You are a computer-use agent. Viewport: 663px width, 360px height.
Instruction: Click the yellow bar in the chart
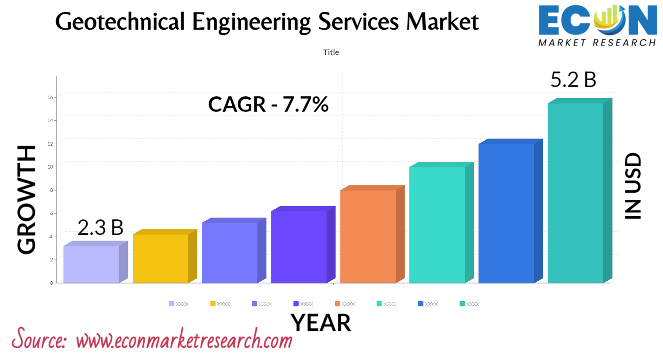pos(160,258)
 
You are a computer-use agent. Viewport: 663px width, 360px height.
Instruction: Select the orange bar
pos(368,236)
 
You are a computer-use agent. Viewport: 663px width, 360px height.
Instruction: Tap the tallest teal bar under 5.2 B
pos(575,193)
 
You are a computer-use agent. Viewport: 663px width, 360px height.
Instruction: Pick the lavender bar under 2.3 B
pos(91,264)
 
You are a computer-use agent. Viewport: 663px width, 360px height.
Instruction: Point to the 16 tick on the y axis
pos(50,97)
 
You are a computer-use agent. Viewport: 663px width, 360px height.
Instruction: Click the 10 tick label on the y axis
pos(50,167)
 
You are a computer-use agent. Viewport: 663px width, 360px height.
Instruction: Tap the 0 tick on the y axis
pos(51,283)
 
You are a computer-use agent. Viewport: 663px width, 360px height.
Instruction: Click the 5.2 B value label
pos(573,80)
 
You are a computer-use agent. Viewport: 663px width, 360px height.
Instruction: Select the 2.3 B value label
pos(100,228)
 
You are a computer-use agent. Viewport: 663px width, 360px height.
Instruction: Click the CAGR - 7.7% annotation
pos(268,105)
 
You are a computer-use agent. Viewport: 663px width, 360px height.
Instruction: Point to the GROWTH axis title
pos(27,199)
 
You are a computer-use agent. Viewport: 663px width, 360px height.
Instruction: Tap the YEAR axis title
pos(321,323)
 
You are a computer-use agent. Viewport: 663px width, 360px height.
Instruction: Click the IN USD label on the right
pos(633,186)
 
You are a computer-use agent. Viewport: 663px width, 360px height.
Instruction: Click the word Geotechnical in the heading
pos(120,22)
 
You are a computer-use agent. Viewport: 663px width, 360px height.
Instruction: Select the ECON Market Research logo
pos(597,26)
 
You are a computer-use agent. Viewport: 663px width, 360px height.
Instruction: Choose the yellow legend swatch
pos(213,304)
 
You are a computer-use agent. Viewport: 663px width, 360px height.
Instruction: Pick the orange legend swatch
pos(338,304)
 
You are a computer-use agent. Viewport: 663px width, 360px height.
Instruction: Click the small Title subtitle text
pos(331,52)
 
